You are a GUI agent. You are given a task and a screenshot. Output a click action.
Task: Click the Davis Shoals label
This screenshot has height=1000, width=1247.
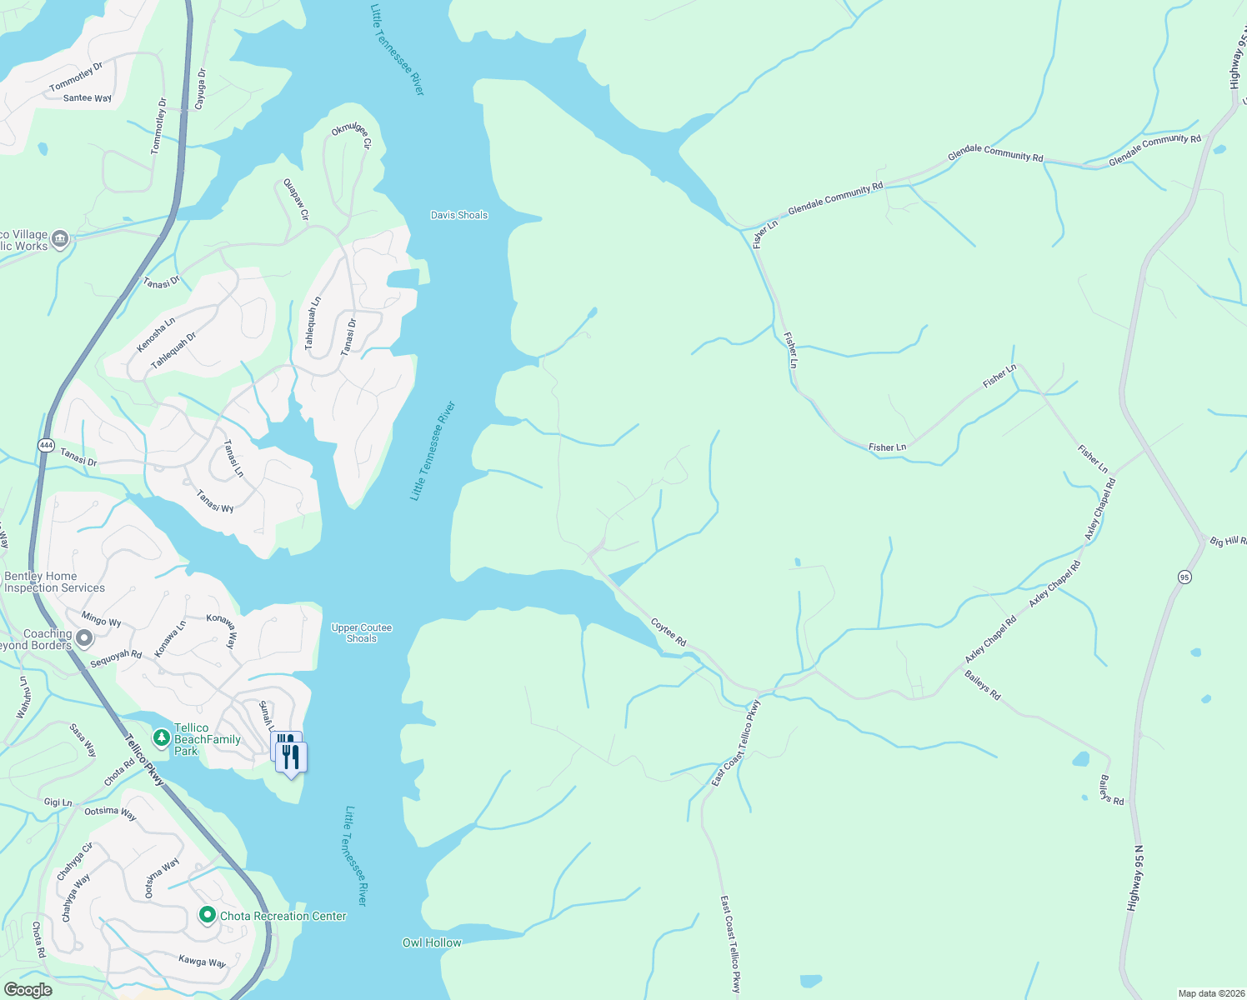(x=458, y=215)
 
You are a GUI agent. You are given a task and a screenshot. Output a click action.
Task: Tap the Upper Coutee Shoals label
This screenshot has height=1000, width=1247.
(x=362, y=633)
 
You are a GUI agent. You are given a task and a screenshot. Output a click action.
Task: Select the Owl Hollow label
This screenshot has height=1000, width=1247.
(x=432, y=942)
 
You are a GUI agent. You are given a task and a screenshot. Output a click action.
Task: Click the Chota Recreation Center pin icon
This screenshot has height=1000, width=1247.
(x=207, y=915)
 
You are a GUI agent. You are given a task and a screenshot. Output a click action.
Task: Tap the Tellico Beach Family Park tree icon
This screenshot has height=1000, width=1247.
(x=161, y=737)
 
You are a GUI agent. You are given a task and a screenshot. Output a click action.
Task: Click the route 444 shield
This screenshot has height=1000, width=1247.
(x=46, y=446)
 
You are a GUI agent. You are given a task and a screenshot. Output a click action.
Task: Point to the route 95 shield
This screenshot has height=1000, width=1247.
(x=1184, y=577)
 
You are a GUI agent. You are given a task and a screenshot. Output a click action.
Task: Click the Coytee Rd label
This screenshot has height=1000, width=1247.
(x=669, y=632)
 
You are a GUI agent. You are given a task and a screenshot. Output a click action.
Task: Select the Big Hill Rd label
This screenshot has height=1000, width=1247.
(x=1228, y=542)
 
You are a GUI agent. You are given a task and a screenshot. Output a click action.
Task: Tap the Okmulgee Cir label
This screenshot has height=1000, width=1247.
(x=351, y=136)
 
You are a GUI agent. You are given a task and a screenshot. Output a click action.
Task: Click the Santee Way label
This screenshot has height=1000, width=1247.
(x=88, y=98)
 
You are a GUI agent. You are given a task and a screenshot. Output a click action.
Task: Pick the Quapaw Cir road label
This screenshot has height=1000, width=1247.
(x=296, y=200)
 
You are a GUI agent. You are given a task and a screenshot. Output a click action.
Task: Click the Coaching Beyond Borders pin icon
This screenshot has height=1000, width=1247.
(x=83, y=639)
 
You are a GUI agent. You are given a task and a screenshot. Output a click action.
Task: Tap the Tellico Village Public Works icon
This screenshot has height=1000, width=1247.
(x=60, y=240)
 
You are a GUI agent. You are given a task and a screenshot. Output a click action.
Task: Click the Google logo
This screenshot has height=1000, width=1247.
(x=28, y=990)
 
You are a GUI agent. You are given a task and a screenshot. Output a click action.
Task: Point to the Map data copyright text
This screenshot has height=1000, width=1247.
(x=1210, y=993)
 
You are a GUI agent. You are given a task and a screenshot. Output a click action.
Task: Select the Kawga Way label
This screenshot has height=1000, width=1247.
(x=202, y=962)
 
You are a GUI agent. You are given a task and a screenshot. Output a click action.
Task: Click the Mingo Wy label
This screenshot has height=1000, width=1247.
(x=101, y=619)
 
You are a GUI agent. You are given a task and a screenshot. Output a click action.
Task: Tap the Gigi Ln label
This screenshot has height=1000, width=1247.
(x=58, y=802)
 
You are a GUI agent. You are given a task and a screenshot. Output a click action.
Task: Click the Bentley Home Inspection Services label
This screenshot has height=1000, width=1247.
(x=54, y=582)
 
